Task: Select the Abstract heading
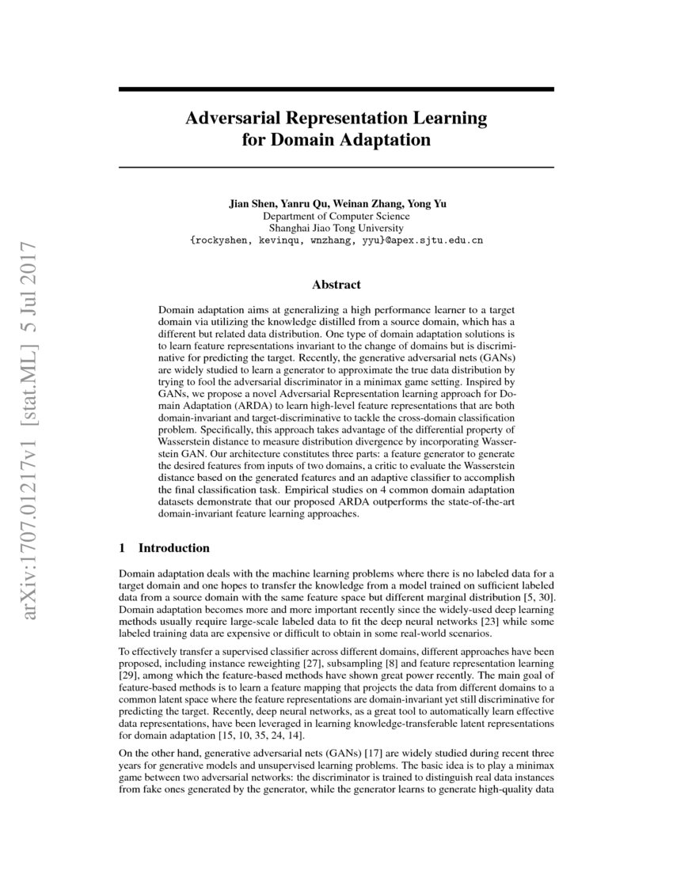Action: click(x=336, y=284)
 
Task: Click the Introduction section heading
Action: click(x=173, y=548)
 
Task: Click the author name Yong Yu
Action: click(x=428, y=203)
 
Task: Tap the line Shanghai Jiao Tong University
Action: click(x=336, y=227)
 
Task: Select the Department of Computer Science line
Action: click(x=336, y=215)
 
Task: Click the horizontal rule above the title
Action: click(x=336, y=90)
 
